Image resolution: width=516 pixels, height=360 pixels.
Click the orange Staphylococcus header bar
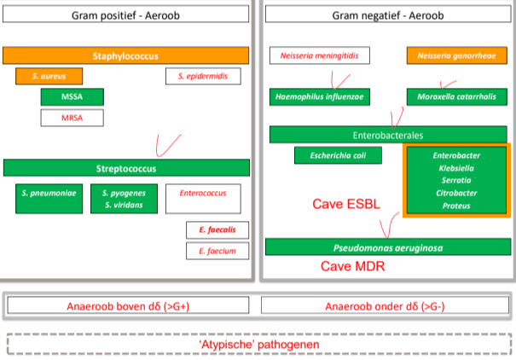click(x=125, y=55)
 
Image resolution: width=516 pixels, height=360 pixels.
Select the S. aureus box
click(x=48, y=76)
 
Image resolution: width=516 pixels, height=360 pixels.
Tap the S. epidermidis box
click(x=203, y=76)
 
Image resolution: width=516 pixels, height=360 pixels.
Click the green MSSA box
click(x=72, y=96)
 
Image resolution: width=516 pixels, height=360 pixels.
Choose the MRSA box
click(x=72, y=117)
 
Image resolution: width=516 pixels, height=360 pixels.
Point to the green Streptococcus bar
click(x=126, y=167)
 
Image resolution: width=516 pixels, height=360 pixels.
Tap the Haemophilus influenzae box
click(x=320, y=96)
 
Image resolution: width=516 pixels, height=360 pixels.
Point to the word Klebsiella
click(x=456, y=168)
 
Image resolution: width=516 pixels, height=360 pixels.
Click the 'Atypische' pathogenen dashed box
click(x=257, y=344)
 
